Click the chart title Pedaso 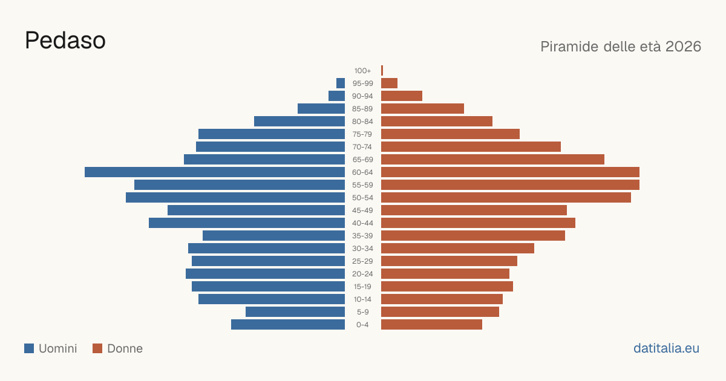(65, 41)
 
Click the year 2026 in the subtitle (683, 47)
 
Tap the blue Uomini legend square (29, 348)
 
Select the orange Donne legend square (97, 348)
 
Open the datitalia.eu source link (666, 348)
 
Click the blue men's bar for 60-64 (215, 172)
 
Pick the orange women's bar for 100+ (382, 70)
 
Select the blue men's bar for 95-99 (341, 83)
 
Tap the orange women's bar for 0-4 (432, 324)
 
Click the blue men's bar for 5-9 (295, 311)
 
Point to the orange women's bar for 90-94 (402, 96)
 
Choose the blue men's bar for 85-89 (321, 108)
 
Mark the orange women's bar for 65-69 (492, 160)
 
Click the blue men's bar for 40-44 (247, 223)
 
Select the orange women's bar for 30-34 (457, 248)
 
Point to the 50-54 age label (362, 198)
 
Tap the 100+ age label (362, 71)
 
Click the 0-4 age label (362, 325)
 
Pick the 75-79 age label (362, 134)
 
